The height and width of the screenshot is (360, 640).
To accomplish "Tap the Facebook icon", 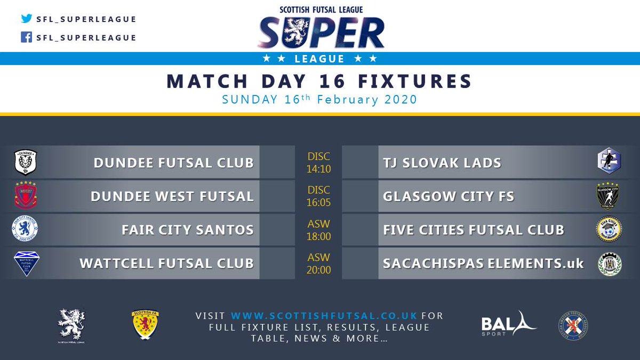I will coord(27,37).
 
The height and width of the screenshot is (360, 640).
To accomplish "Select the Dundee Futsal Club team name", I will coord(173,163).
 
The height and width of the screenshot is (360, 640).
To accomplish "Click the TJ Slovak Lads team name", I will coord(442,163).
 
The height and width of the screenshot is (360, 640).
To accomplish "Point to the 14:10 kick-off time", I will coord(318,170).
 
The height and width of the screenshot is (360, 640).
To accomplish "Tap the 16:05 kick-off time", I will coord(318,203).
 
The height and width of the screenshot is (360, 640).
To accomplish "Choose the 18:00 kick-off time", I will coord(318,237).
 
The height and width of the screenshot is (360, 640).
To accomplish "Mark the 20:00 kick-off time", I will coord(318,270).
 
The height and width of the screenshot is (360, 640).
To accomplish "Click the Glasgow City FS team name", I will coord(448,196).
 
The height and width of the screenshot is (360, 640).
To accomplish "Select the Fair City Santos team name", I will coord(187,230).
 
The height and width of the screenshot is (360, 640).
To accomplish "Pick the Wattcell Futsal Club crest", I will coord(27,263).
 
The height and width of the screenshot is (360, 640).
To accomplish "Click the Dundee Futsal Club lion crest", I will coord(25,162).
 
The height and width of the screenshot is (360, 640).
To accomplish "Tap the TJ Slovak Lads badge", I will coord(609,162).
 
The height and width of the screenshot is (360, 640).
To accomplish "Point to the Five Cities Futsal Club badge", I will coord(609,230).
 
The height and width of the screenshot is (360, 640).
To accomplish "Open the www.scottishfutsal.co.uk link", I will coord(324,316).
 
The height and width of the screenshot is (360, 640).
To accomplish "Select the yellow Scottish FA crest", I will coord(145,324).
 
